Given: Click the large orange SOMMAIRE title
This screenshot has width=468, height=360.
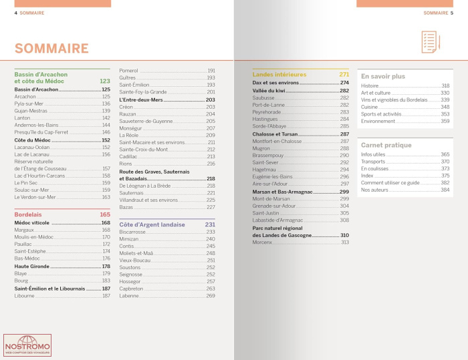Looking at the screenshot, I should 51,48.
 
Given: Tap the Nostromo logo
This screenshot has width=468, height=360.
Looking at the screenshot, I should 27,346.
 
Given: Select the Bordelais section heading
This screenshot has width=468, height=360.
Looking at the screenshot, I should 28,214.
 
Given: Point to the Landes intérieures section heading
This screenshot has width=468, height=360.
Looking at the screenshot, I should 279,74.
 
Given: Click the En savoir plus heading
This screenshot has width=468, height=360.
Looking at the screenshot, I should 383,76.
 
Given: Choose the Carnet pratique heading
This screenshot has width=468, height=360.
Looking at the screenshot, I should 386,145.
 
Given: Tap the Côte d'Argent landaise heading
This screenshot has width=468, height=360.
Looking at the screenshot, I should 152,224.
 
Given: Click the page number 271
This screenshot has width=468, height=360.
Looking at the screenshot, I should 344,74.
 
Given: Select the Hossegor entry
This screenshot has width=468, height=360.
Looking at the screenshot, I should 130,281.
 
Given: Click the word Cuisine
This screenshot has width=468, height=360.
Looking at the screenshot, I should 370,107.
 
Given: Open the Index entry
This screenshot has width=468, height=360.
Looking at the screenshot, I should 367,176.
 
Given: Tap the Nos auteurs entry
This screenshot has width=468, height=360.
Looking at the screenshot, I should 374,190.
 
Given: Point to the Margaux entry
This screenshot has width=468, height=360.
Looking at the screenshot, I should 25,230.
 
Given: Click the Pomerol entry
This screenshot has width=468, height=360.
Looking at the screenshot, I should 129,71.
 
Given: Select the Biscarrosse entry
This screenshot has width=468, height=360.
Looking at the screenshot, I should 132,232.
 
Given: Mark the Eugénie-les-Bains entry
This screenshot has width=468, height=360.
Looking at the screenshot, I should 275,177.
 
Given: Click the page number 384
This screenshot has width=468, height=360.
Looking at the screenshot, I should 445,190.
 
